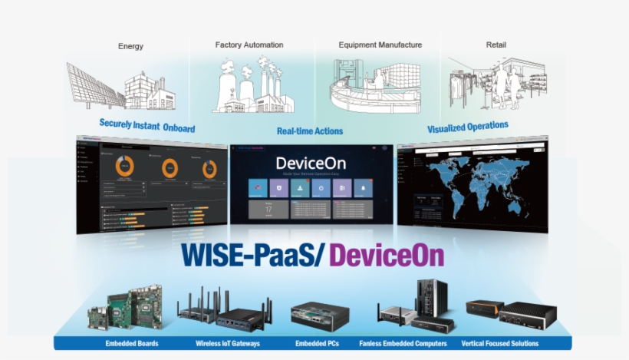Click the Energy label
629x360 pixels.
point(130,46)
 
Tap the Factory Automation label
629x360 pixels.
point(249,45)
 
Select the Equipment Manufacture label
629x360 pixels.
point(380,45)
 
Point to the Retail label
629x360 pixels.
point(496,45)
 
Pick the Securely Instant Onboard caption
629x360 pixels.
point(147,125)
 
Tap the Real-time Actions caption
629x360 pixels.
point(310,131)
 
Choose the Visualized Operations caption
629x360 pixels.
point(467,126)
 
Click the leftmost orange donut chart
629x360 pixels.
point(124,165)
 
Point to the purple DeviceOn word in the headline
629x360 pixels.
point(387,254)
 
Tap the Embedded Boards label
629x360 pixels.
point(132,343)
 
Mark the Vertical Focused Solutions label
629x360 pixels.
point(500,343)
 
